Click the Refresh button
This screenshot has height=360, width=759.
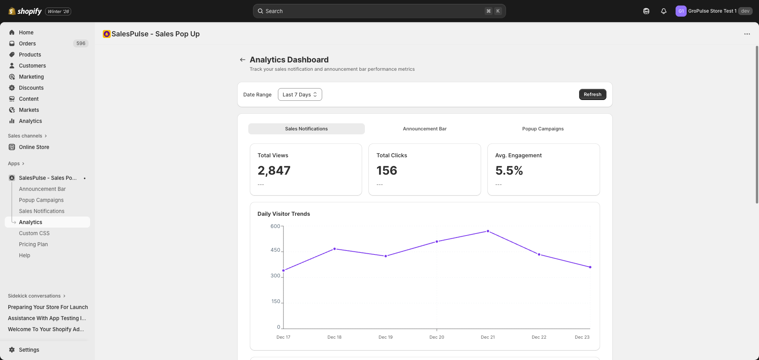pyautogui.click(x=592, y=94)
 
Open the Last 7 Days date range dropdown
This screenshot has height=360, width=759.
pyautogui.click(x=300, y=94)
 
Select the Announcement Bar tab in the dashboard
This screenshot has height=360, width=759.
pyautogui.click(x=425, y=129)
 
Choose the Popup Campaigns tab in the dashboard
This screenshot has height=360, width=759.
pyautogui.click(x=543, y=129)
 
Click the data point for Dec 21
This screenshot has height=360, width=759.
pyautogui.click(x=488, y=231)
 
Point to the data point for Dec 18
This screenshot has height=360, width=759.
pyautogui.click(x=334, y=249)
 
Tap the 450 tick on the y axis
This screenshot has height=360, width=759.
pyautogui.click(x=275, y=250)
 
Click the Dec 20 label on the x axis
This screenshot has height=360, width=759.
pyautogui.click(x=436, y=337)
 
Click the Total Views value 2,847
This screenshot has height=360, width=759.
pyautogui.click(x=274, y=170)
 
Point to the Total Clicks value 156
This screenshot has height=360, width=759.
pyautogui.click(x=387, y=170)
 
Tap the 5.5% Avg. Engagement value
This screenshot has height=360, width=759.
pyautogui.click(x=509, y=170)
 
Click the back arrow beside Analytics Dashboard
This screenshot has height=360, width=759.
pyautogui.click(x=242, y=60)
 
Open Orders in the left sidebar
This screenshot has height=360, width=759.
pyautogui.click(x=27, y=43)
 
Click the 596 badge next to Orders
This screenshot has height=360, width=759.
pyautogui.click(x=81, y=43)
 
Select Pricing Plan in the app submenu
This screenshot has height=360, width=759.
pyautogui.click(x=33, y=244)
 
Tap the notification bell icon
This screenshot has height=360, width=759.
pyautogui.click(x=664, y=11)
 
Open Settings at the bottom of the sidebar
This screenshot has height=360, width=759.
pyautogui.click(x=29, y=350)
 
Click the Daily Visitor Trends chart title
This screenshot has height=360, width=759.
pyautogui.click(x=283, y=214)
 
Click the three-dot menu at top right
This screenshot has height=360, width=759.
pyautogui.click(x=747, y=34)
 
